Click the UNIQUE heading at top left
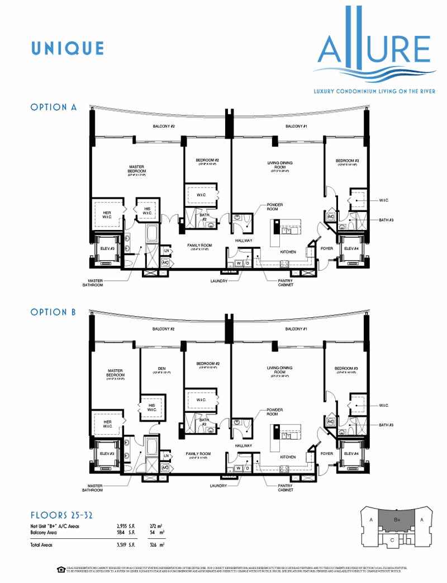[68, 48]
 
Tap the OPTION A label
[54, 107]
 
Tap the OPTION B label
[53, 312]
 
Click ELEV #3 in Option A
[106, 248]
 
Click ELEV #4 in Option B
[350, 453]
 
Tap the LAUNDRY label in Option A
[218, 281]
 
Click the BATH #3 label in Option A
[387, 220]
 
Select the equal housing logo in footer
[61, 570]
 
